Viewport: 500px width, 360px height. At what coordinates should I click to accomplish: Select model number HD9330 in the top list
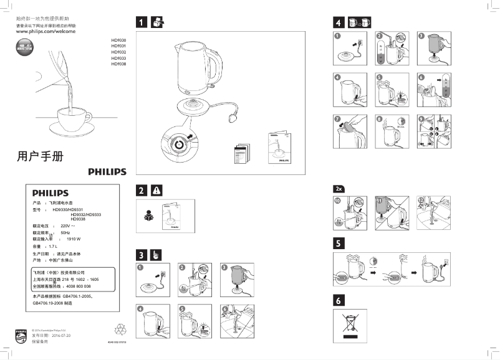118,39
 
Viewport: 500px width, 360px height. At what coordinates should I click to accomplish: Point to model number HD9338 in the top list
118,64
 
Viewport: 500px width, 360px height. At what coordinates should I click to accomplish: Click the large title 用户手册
40,156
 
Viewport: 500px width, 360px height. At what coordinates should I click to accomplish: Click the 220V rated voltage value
67,225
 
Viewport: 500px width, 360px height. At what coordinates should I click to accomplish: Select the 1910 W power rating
74,239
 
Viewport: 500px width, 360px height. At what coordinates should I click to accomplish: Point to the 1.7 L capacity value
61,247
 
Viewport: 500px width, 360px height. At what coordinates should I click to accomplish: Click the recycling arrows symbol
121,328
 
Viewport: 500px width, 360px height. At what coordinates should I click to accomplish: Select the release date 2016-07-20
64,336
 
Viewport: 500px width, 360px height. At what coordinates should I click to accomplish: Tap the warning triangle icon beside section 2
156,190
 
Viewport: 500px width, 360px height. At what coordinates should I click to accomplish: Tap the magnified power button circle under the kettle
179,143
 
